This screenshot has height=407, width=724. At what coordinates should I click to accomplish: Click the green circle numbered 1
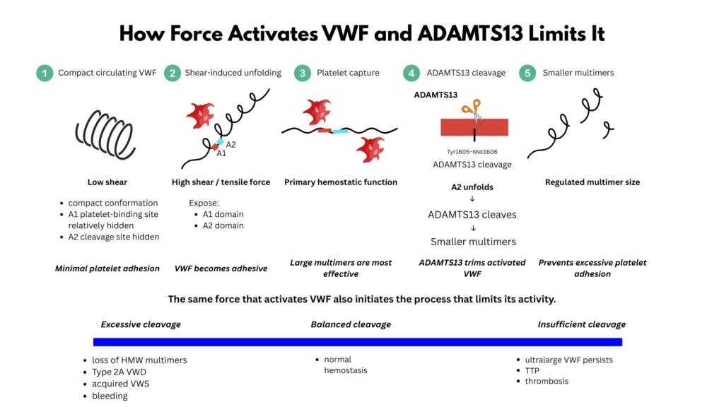pos(45,73)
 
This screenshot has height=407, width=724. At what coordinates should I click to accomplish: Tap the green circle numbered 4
pos(411,73)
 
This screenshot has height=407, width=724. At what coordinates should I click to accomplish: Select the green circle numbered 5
pos(527,73)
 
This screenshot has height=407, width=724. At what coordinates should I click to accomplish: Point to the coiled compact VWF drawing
pos(105,135)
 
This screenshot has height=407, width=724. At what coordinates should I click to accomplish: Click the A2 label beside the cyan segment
pos(231,144)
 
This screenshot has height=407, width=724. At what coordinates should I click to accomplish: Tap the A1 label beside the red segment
pos(221,153)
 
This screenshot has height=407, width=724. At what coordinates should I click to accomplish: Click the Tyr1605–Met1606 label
pos(472,151)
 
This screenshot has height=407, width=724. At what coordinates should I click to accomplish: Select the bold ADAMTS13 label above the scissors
pos(436,95)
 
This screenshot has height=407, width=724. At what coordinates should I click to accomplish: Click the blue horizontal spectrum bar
pos(357,342)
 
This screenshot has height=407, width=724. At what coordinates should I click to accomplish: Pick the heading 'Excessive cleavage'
pos(141,324)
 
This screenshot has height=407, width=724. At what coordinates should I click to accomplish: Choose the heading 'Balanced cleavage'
pos(351,324)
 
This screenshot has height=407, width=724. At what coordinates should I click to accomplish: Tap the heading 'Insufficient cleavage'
pos(581,324)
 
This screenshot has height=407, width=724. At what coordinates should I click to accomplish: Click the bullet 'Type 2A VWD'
pos(119,372)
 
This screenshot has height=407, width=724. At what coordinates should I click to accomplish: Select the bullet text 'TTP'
pos(532,370)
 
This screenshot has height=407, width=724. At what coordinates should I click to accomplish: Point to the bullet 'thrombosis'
pos(547,381)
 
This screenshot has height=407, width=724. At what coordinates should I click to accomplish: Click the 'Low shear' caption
pos(107,182)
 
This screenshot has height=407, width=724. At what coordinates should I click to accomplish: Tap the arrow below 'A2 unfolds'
pos(472,199)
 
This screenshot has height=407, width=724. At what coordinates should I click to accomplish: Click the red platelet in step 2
pos(200,115)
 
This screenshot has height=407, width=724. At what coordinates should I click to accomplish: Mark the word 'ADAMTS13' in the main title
pos(470,34)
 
